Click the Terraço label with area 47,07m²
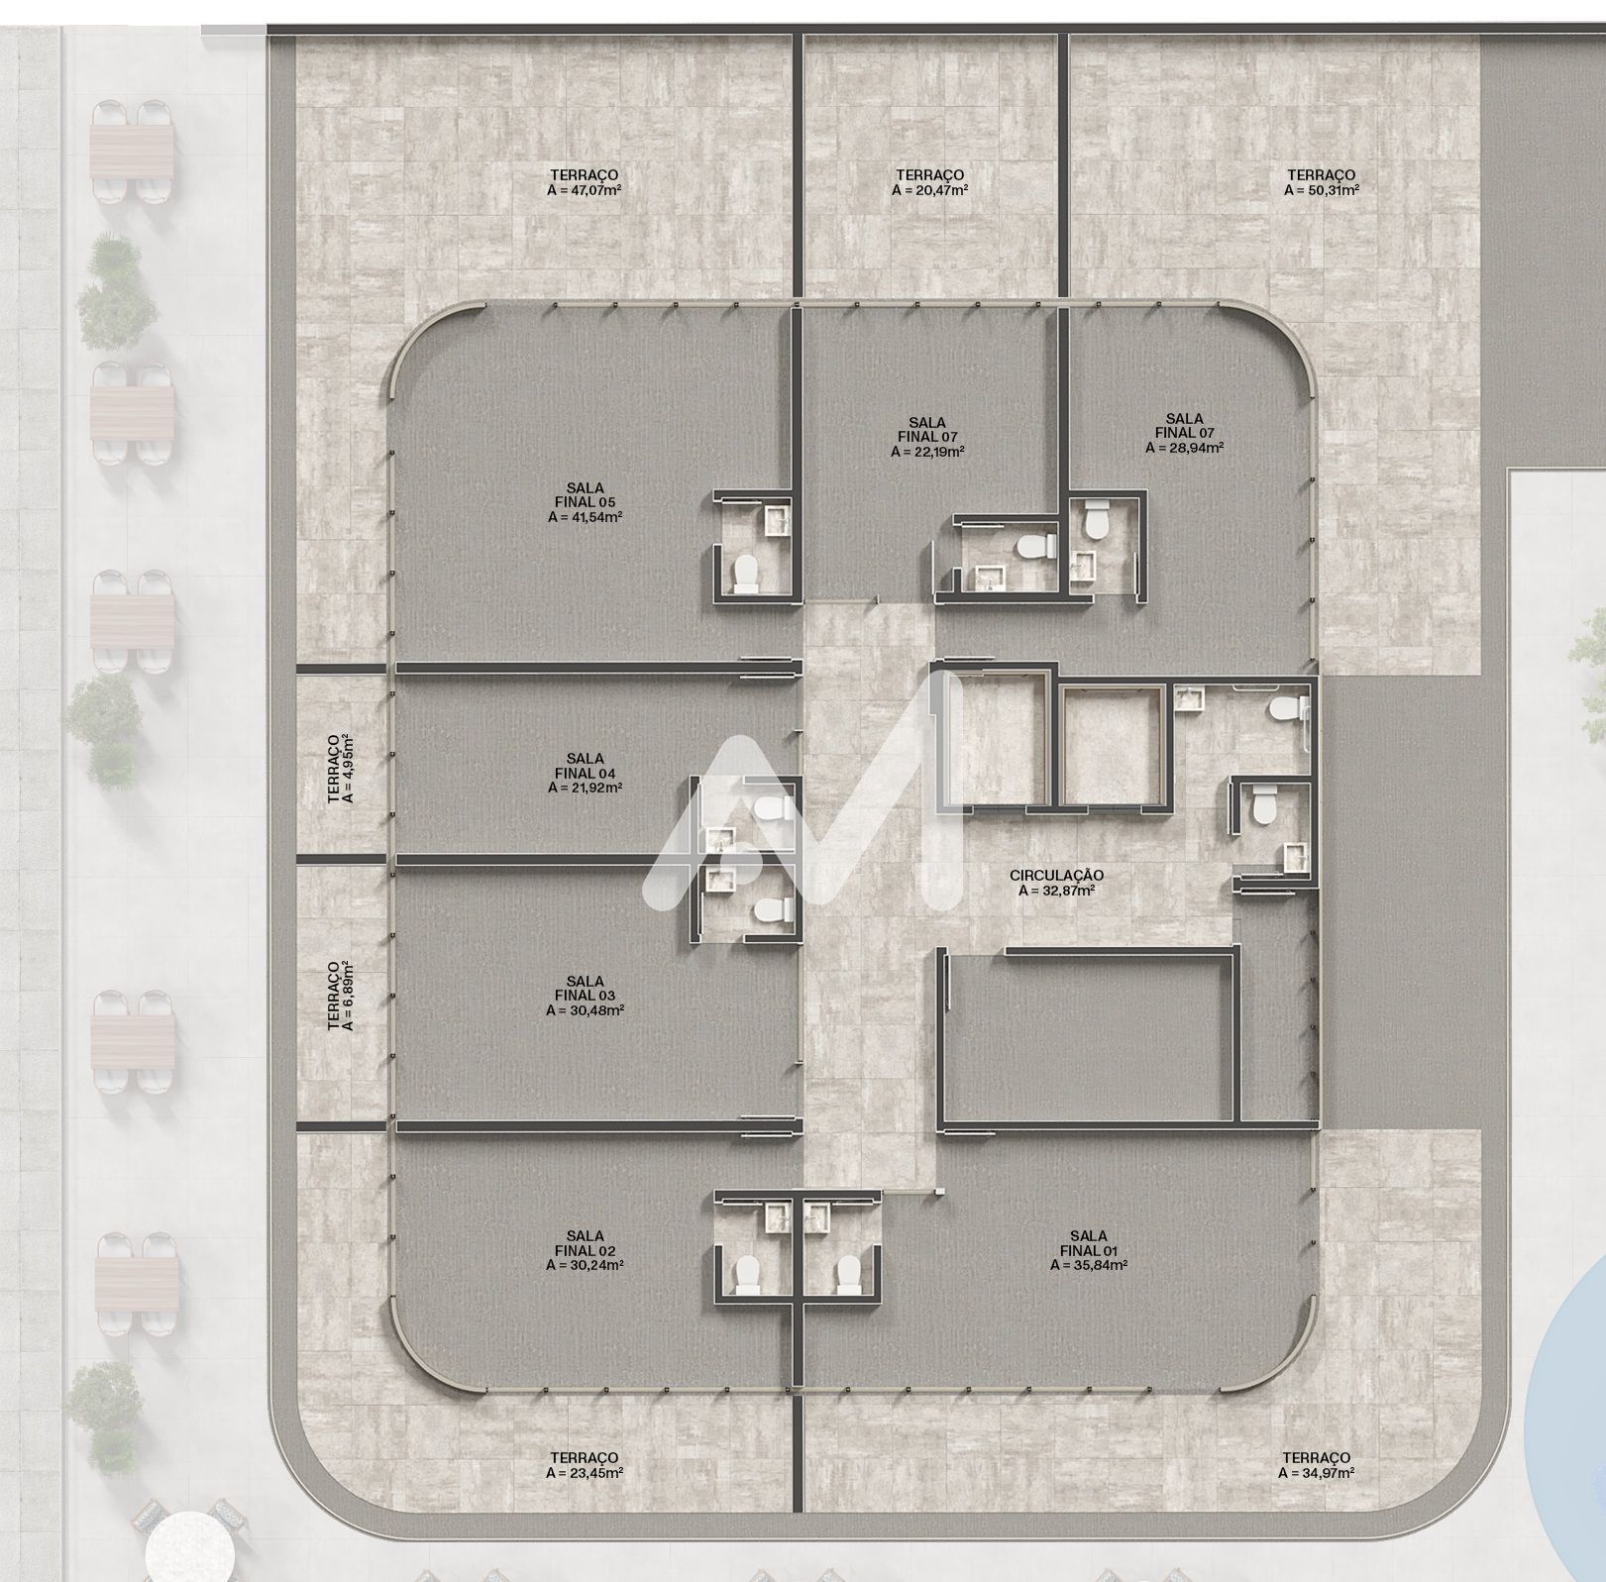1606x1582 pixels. pyautogui.click(x=585, y=182)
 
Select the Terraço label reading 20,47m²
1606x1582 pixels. pyautogui.click(x=929, y=182)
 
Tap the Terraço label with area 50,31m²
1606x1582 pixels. pyautogui.click(x=1322, y=182)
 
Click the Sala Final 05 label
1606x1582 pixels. pyautogui.click(x=585, y=502)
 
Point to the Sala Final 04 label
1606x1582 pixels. pyautogui.click(x=585, y=774)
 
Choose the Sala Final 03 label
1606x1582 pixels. pyautogui.click(x=585, y=996)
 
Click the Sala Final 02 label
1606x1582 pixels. pyautogui.click(x=585, y=1250)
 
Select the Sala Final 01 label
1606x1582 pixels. pyautogui.click(x=1089, y=1250)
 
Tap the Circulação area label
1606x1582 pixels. pyautogui.click(x=1056, y=883)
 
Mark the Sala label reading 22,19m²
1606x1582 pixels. pyautogui.click(x=927, y=437)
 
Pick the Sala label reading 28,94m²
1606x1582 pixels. pyautogui.click(x=1184, y=433)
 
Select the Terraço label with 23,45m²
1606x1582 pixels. pyautogui.click(x=585, y=1465)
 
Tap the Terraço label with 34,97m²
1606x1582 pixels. pyautogui.click(x=1316, y=1465)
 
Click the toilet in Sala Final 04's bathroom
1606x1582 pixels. pyautogui.click(x=772, y=810)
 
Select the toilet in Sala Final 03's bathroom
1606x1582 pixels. pyautogui.click(x=772, y=911)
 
